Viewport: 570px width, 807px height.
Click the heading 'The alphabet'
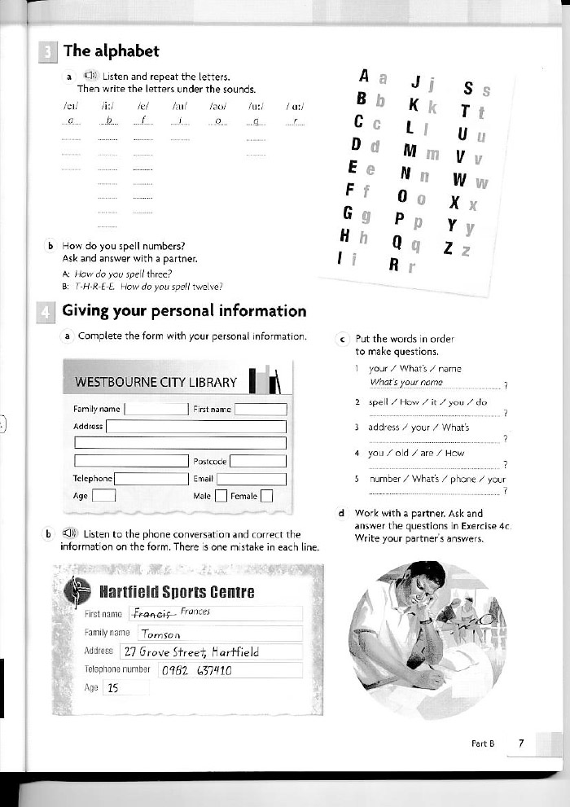coord(111,50)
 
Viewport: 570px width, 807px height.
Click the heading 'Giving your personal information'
coord(184,310)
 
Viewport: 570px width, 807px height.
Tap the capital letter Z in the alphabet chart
coord(446,250)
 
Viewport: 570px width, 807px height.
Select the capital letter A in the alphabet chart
coord(365,77)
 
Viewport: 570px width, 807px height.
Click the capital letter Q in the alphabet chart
coord(398,242)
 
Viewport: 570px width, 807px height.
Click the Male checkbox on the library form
coord(220,494)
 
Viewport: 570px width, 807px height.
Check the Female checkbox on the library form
coord(265,494)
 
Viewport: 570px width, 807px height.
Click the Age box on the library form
coord(103,494)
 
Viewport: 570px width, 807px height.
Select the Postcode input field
coord(257,461)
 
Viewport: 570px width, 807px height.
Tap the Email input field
coord(252,479)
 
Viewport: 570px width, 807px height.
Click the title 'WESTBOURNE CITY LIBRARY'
coord(156,382)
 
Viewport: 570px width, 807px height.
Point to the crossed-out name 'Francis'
coord(154,613)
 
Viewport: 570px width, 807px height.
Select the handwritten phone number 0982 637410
coord(197,671)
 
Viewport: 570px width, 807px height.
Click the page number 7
coord(520,743)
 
